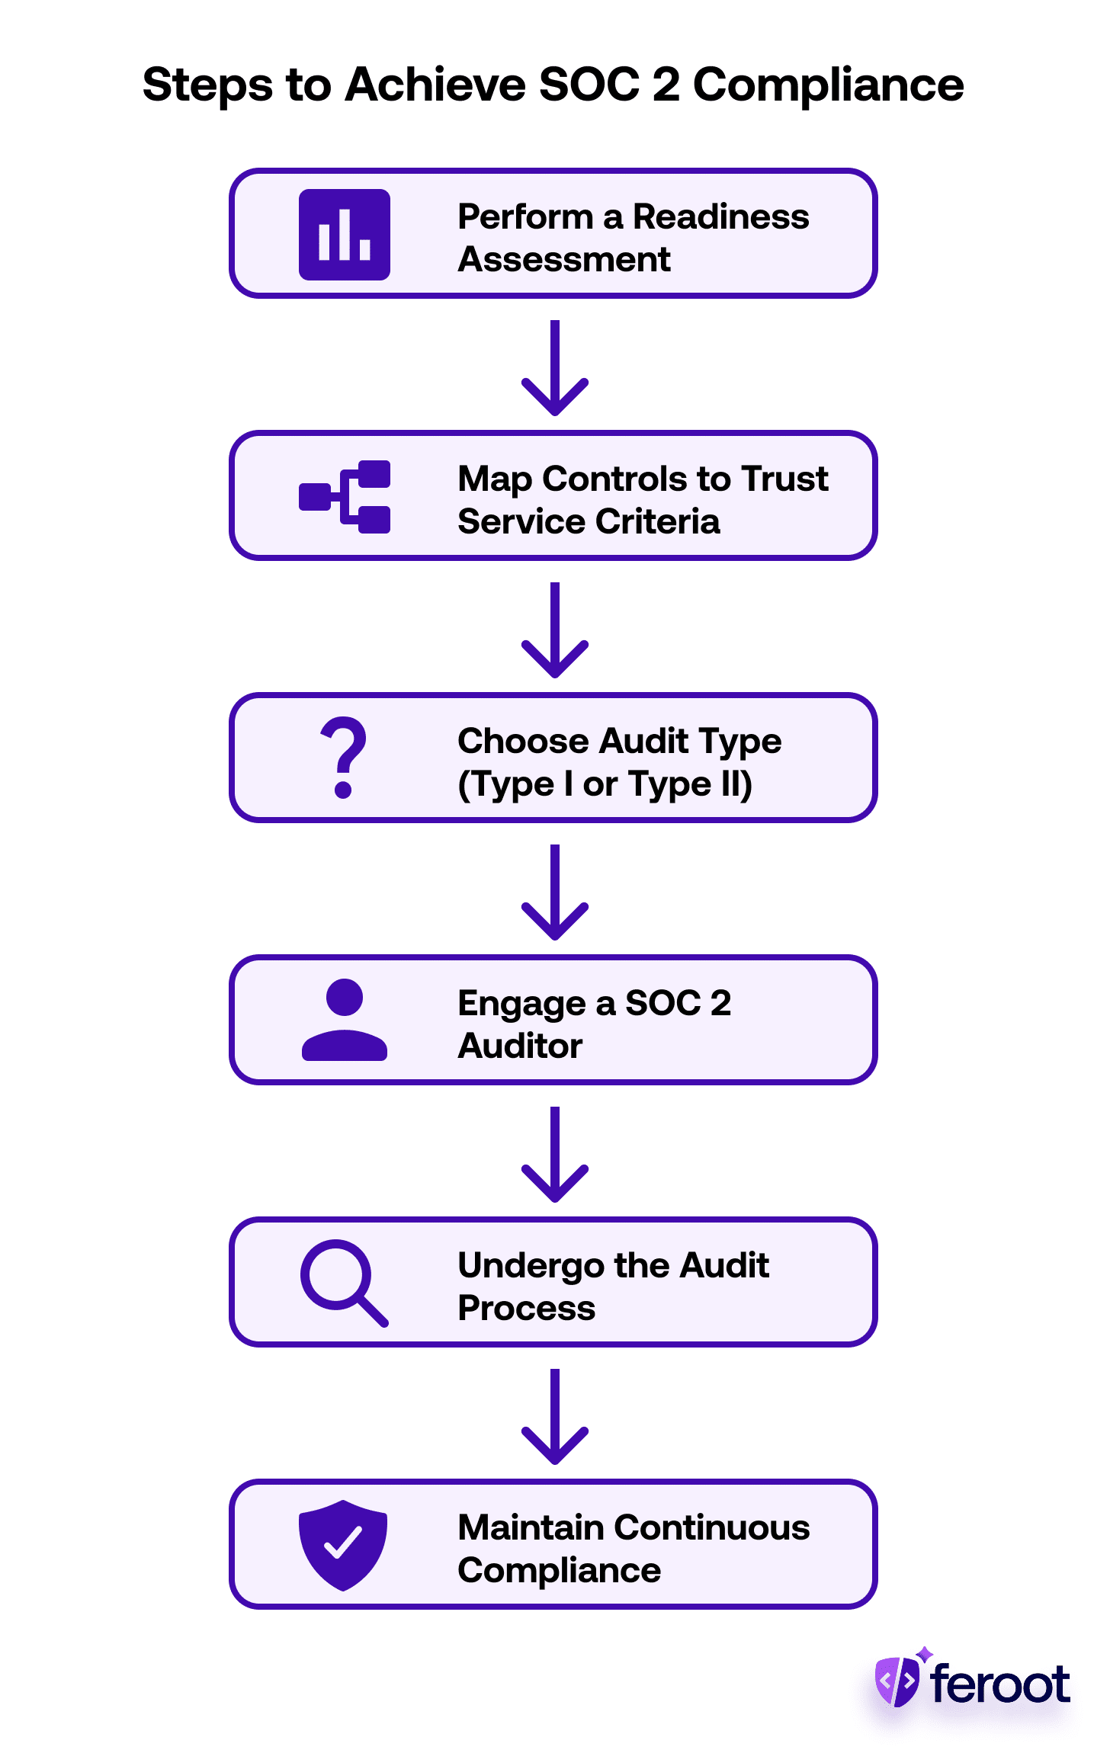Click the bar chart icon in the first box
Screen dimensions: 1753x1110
pyautogui.click(x=344, y=235)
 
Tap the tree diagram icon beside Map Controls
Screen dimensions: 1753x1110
pyautogui.click(x=345, y=497)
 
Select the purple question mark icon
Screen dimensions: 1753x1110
pyautogui.click(x=344, y=758)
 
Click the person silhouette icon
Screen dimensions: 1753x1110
pyautogui.click(x=344, y=1020)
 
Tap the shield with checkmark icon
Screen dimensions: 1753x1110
pyautogui.click(x=343, y=1545)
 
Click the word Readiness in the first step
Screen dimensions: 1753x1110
pyautogui.click(x=720, y=216)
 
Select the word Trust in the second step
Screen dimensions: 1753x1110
pyautogui.click(x=784, y=479)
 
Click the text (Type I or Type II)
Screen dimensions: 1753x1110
pyautogui.click(x=605, y=784)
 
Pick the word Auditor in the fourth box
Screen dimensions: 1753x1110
pyautogui.click(x=520, y=1046)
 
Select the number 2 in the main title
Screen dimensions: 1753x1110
pyautogui.click(x=666, y=84)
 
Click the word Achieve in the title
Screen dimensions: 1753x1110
pyautogui.click(x=435, y=84)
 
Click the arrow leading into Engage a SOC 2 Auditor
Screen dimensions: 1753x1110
pyautogui.click(x=555, y=893)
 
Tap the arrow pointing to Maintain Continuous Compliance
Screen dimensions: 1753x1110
pyautogui.click(x=555, y=1417)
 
